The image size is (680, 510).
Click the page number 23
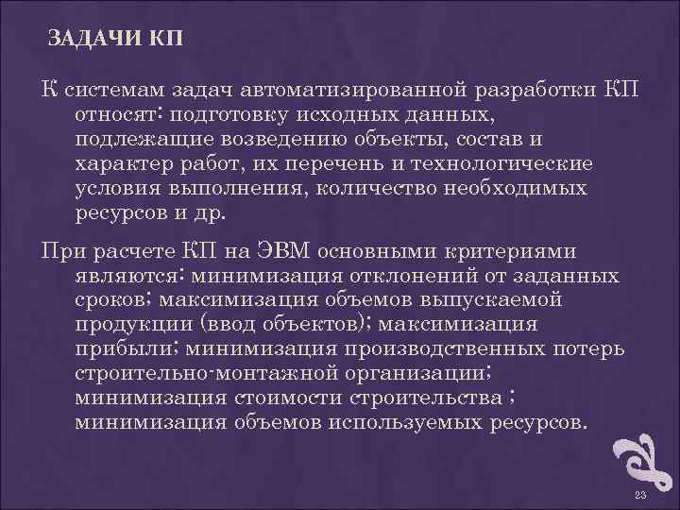point(639,496)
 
